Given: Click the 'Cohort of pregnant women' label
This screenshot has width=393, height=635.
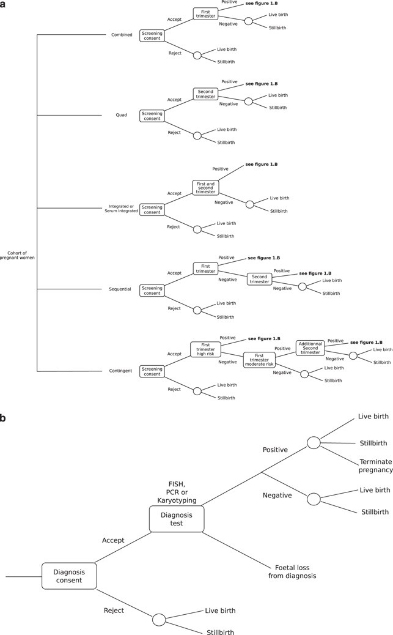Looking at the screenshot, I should (x=21, y=255).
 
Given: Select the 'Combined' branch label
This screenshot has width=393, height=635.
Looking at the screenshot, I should (x=121, y=35).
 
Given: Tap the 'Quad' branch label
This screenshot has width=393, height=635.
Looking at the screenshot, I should (x=121, y=114).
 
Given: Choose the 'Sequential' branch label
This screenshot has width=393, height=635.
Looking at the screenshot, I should (x=120, y=289).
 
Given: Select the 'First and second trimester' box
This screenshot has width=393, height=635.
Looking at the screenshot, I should (x=205, y=187).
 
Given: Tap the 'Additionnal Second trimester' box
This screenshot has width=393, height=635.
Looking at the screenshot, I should (x=310, y=348).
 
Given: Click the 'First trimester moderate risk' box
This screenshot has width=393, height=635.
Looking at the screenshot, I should (x=259, y=358).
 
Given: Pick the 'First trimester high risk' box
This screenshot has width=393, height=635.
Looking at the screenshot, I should (x=205, y=348).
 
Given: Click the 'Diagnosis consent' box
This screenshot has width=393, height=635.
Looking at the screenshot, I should (x=69, y=576).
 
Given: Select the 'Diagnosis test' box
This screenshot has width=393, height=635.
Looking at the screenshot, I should (x=176, y=519).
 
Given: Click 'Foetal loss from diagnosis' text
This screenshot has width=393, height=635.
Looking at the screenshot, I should (x=292, y=571).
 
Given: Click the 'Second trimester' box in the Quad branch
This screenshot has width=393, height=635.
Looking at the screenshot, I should (x=205, y=94).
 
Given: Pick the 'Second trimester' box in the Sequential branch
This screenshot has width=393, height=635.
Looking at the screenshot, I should (x=259, y=278).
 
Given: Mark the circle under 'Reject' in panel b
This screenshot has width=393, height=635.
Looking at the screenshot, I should (x=159, y=619).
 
